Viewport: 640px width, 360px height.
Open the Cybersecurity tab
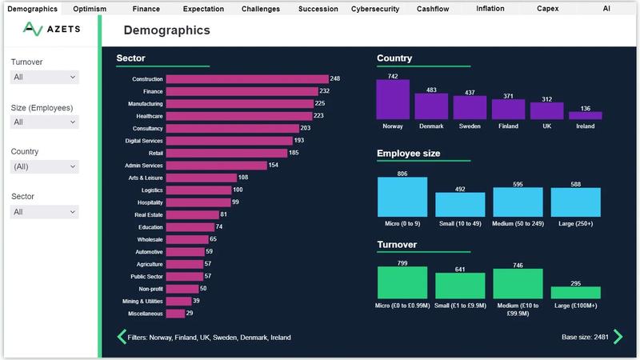[x=374, y=9]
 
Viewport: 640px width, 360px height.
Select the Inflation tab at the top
[x=490, y=9]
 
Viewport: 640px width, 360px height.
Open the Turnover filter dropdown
[x=45, y=78]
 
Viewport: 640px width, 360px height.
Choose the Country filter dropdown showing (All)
[x=45, y=167]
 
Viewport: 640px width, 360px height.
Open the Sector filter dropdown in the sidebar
[x=45, y=212]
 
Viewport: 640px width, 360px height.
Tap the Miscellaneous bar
[x=174, y=314]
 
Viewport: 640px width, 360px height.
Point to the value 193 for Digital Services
[x=298, y=141]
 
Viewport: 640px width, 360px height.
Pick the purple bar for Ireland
[x=585, y=115]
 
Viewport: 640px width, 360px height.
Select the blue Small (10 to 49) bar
[x=460, y=205]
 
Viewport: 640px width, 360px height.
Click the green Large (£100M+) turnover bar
[x=575, y=293]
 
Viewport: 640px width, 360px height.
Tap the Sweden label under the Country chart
[x=470, y=126]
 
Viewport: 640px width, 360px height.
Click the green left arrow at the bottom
[x=122, y=337]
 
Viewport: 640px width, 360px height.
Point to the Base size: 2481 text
[x=585, y=338]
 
